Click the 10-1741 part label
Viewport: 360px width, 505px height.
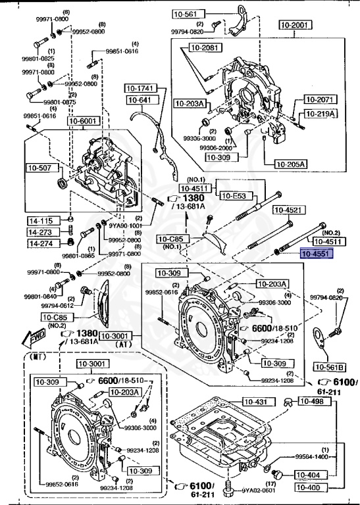(140, 88)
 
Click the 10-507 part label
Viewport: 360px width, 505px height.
(38, 168)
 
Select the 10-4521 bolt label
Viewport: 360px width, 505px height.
(288, 210)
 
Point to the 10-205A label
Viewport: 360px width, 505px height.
(283, 164)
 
